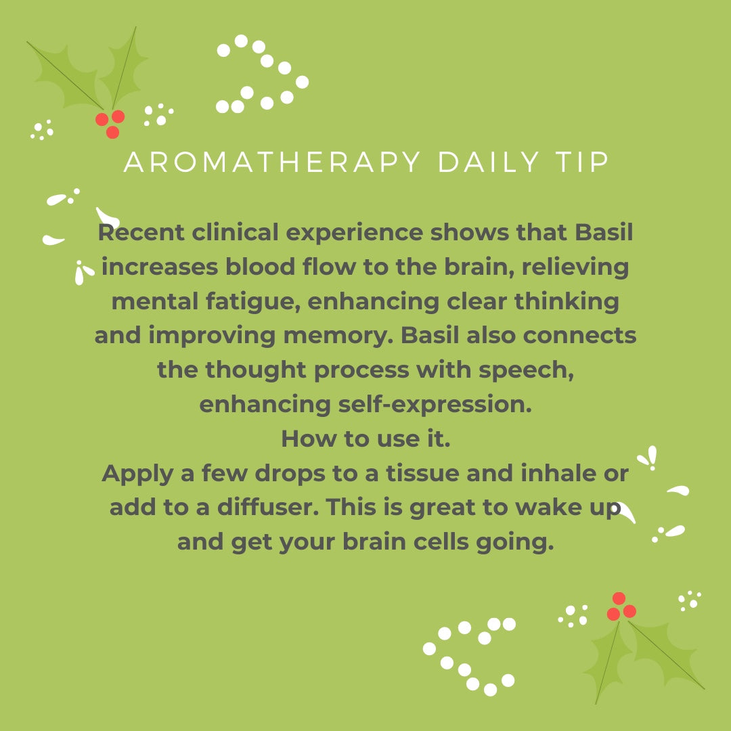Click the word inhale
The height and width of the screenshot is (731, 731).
(x=565, y=473)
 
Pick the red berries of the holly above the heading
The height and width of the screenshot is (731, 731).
(x=110, y=123)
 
